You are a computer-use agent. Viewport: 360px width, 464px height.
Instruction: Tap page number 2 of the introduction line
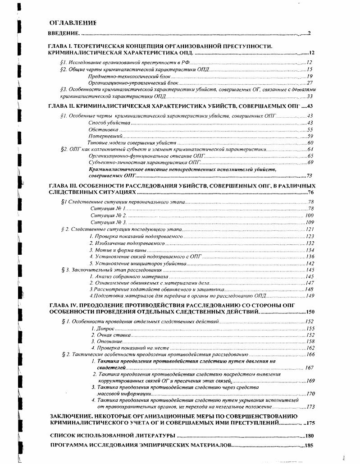tap(310, 33)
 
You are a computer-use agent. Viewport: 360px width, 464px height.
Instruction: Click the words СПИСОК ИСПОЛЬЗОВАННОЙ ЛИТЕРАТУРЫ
tap(112, 436)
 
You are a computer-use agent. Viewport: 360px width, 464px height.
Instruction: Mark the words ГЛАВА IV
tap(63, 305)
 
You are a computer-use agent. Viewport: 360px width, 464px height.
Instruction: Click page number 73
tap(310, 176)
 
